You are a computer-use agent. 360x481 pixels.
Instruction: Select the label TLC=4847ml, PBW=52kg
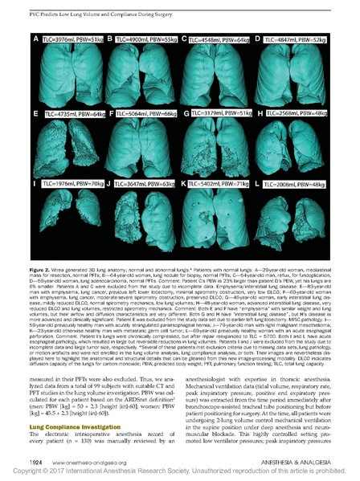click(293, 39)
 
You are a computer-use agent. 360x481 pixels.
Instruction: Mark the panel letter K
click(184, 183)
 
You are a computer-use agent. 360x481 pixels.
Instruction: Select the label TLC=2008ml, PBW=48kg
click(293, 183)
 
